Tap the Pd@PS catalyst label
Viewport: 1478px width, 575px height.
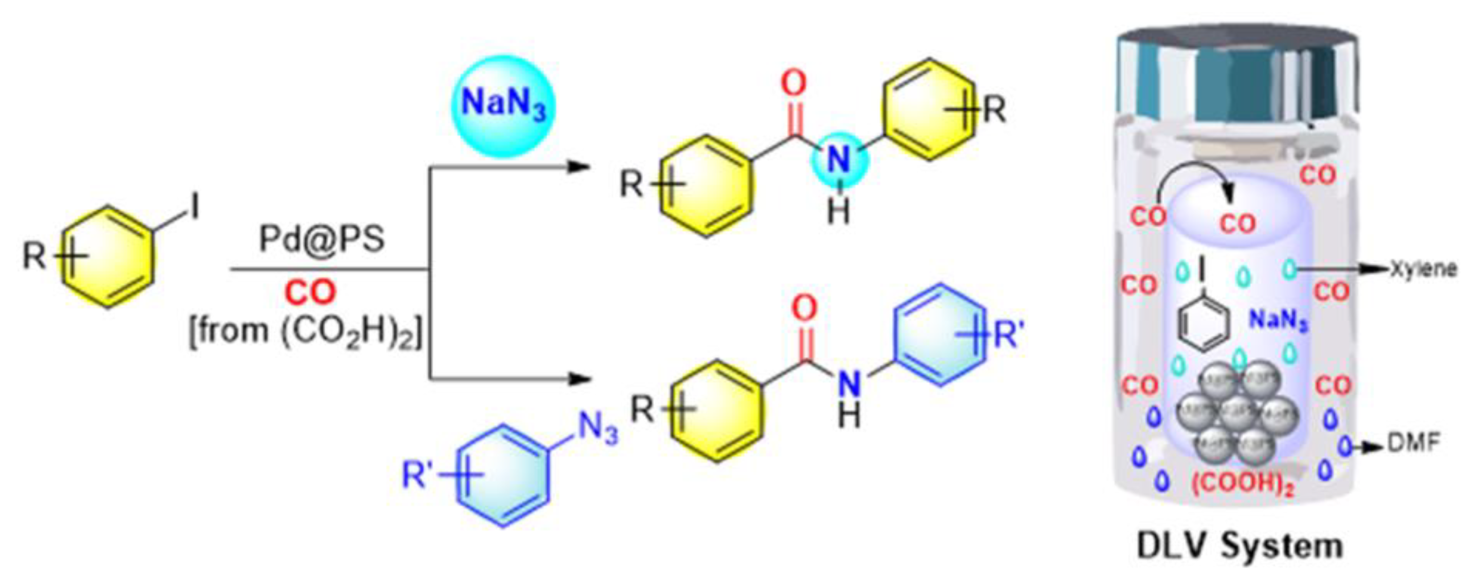pyautogui.click(x=321, y=239)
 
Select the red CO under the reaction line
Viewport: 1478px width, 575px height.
pyautogui.click(x=310, y=293)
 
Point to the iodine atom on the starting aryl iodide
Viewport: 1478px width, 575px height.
pyautogui.click(x=195, y=207)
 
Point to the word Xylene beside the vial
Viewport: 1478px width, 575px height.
pyautogui.click(x=1423, y=269)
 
